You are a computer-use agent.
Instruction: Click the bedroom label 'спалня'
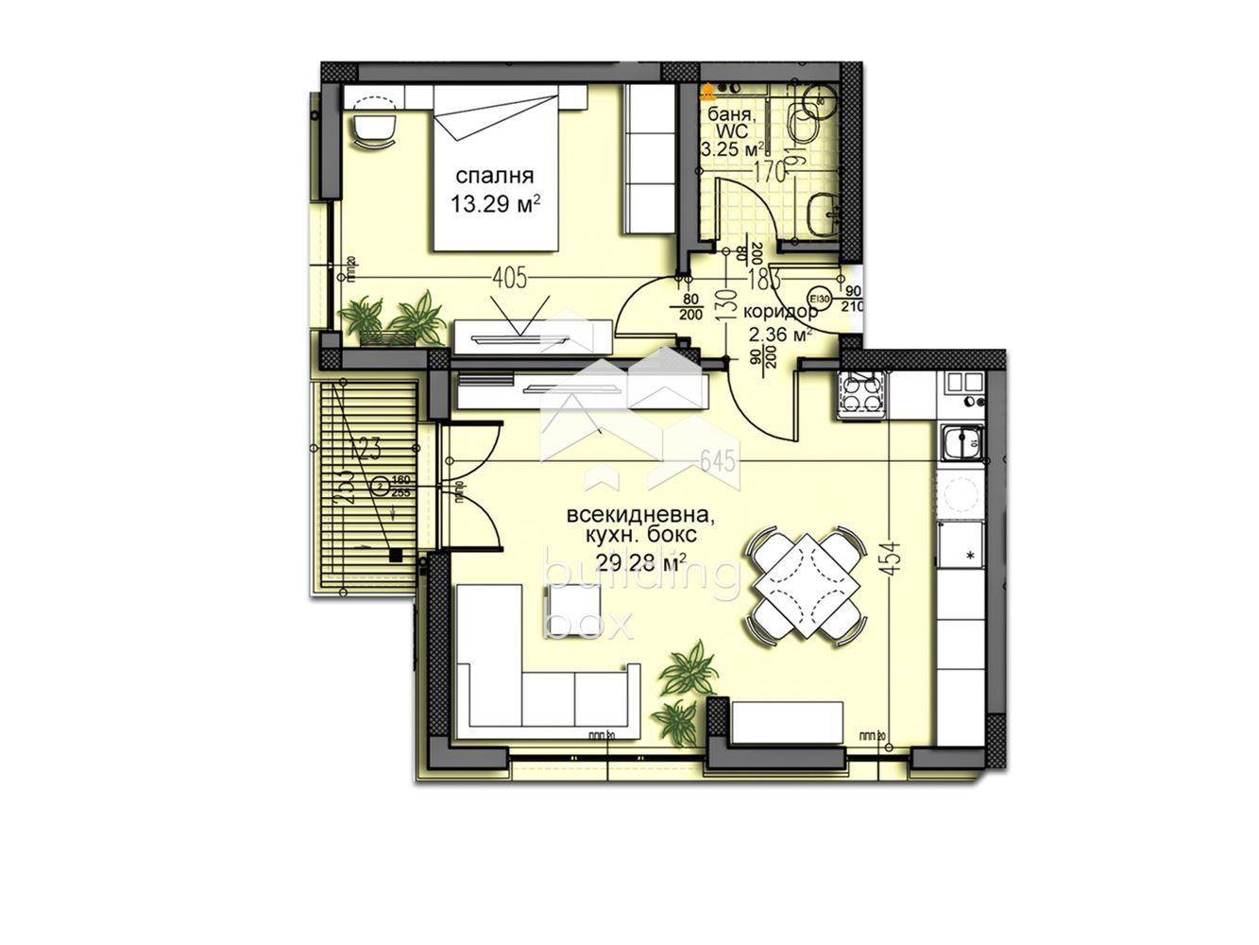[495, 176]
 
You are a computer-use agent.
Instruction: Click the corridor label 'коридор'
[780, 312]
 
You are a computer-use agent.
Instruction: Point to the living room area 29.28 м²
[639, 563]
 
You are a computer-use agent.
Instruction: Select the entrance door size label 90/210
[853, 299]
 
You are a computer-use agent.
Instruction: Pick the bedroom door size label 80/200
[689, 308]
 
